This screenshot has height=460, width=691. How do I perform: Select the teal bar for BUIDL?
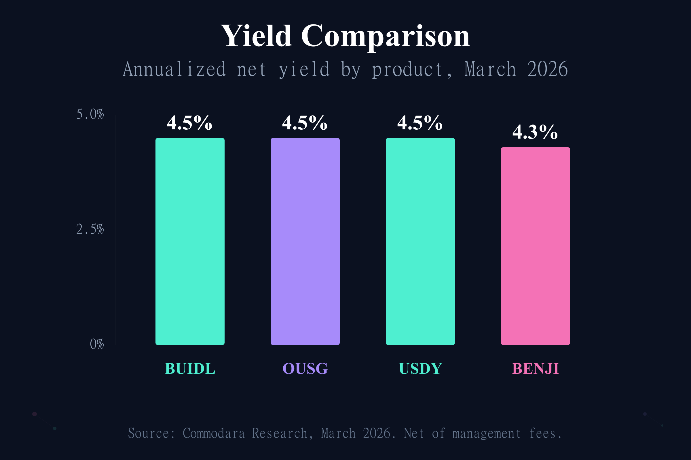(190, 241)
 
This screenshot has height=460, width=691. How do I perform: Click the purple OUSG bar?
(305, 241)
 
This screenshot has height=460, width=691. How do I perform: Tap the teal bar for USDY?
(420, 241)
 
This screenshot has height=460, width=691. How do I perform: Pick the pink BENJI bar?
(535, 246)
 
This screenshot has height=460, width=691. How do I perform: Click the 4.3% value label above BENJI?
(535, 132)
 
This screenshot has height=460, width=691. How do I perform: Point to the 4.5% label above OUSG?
(305, 123)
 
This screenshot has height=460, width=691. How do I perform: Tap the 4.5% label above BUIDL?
(189, 123)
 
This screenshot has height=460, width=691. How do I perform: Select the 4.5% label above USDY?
(420, 123)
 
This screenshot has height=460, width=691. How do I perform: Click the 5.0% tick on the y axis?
(90, 114)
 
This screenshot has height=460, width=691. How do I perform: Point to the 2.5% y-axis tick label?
(90, 229)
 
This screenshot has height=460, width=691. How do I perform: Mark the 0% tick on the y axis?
(97, 344)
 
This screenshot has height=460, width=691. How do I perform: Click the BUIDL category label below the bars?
(190, 369)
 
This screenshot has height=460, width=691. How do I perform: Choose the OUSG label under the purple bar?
(305, 369)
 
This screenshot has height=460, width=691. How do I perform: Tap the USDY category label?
(420, 369)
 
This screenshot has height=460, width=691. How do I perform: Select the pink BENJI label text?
(535, 369)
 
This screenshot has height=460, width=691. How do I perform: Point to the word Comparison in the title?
(385, 37)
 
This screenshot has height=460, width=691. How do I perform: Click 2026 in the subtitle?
(547, 70)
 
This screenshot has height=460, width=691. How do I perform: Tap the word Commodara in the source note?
(214, 433)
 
